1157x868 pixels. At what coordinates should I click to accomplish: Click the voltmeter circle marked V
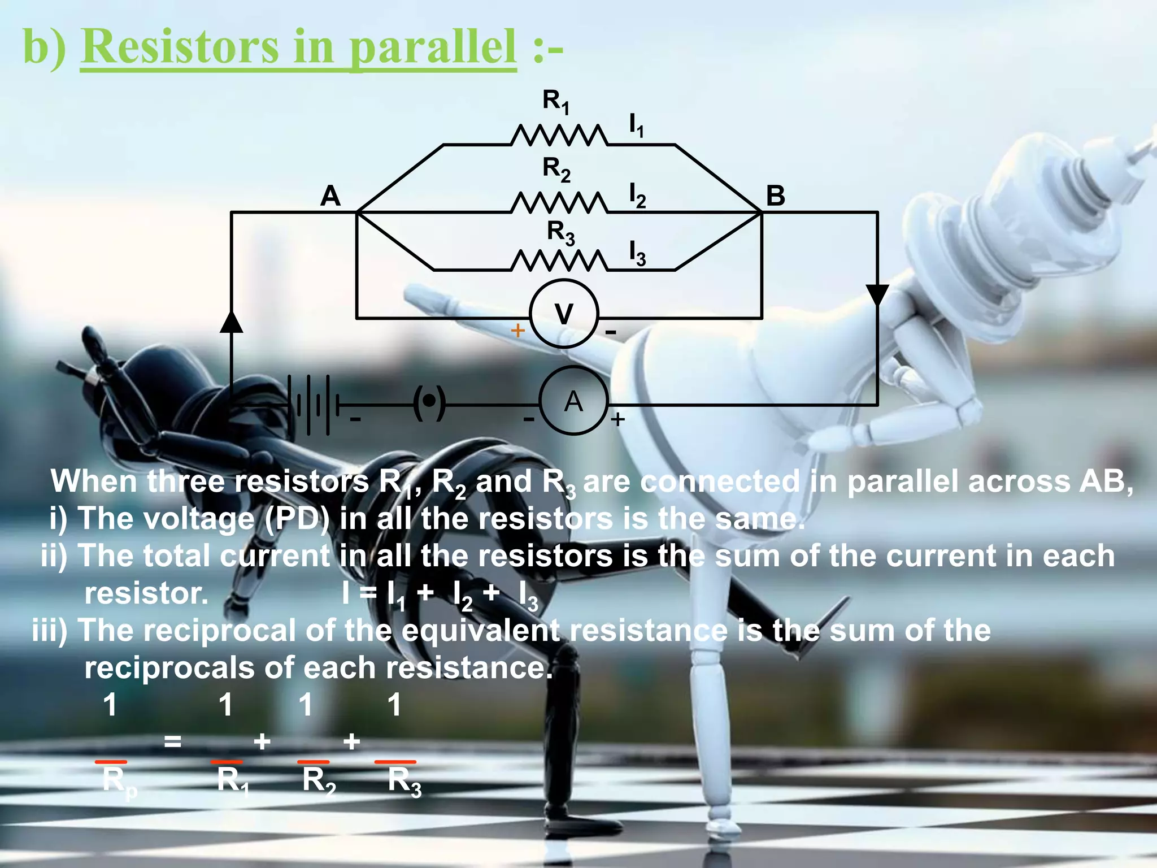click(x=563, y=313)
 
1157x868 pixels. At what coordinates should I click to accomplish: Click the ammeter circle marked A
click(x=573, y=400)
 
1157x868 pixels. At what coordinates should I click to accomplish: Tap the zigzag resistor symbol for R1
click(x=559, y=136)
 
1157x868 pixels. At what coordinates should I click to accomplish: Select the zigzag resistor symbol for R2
click(x=559, y=203)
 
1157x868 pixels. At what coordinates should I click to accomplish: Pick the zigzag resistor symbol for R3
click(x=559, y=261)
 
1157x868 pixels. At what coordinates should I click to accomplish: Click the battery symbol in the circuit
click(x=314, y=404)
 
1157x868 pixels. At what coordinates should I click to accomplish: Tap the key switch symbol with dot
click(x=429, y=402)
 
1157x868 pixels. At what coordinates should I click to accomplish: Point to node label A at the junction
click(x=330, y=196)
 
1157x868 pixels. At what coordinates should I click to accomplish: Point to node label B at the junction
click(x=775, y=196)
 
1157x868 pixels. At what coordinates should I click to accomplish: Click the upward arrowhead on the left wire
click(x=231, y=322)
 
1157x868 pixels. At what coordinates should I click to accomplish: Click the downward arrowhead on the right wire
click(x=877, y=294)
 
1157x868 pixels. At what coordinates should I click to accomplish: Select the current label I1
click(x=636, y=125)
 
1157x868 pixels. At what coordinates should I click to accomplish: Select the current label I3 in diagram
click(x=637, y=253)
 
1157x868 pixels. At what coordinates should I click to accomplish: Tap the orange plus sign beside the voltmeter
click(x=517, y=330)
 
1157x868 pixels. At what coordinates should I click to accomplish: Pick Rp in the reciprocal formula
click(x=119, y=782)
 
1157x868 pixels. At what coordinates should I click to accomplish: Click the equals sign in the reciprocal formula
click(x=172, y=741)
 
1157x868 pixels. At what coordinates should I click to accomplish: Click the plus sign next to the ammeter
click(x=617, y=419)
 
